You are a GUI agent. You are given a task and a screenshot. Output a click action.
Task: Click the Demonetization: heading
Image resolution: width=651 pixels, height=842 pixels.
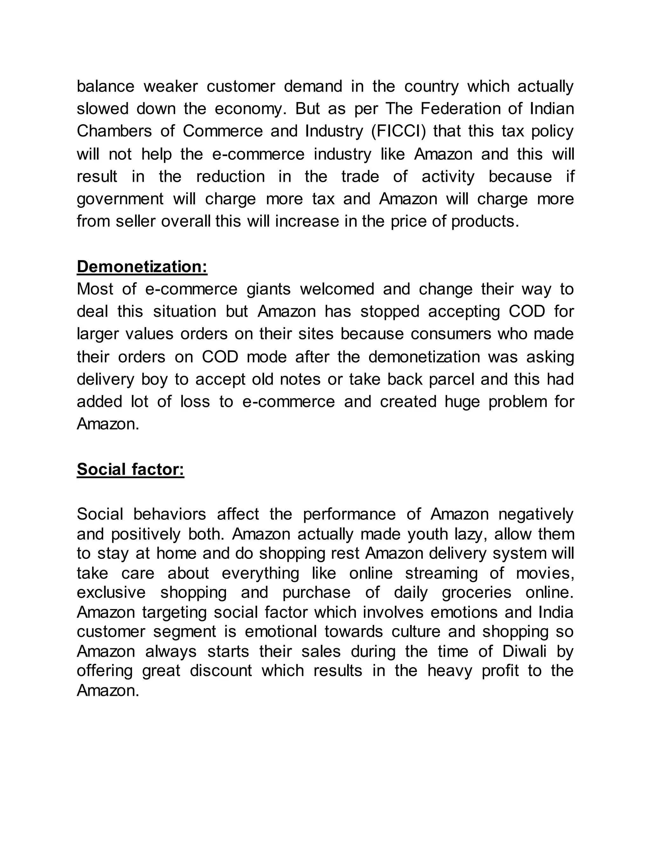(x=142, y=267)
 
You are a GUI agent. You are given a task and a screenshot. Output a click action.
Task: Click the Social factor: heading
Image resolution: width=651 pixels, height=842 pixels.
(x=130, y=469)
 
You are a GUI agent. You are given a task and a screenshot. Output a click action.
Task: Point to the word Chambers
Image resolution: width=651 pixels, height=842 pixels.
(x=114, y=132)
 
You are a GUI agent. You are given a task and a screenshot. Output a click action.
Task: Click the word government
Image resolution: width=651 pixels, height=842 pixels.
(x=120, y=199)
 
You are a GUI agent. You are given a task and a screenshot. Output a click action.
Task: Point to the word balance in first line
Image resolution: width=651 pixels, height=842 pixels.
(x=105, y=86)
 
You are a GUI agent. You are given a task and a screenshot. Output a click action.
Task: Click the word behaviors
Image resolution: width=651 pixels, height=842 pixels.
(x=170, y=514)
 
